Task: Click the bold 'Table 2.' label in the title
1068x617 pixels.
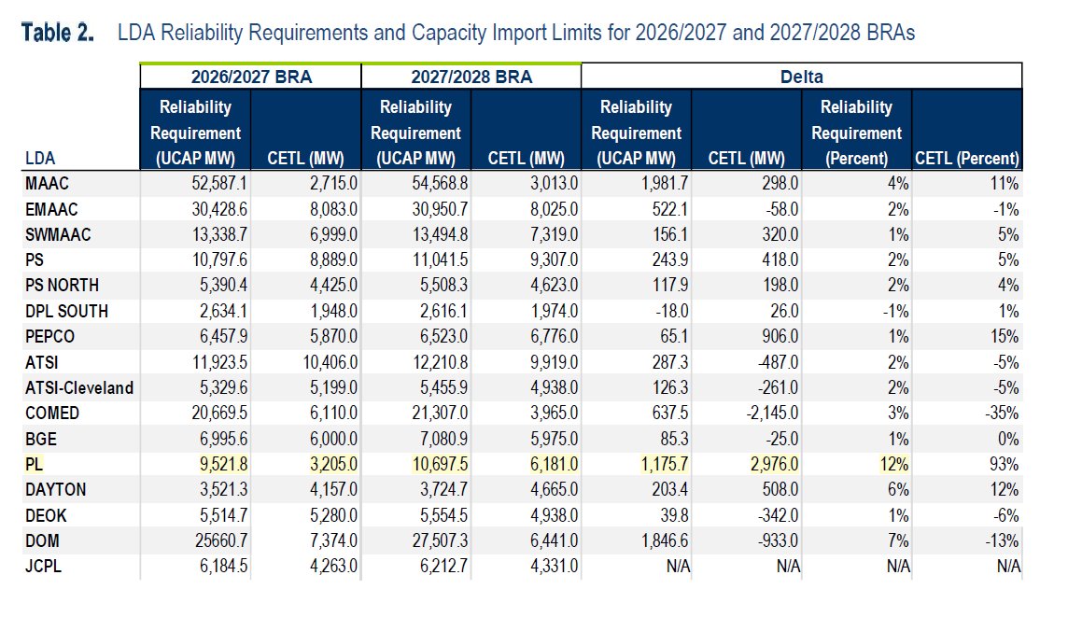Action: click(58, 34)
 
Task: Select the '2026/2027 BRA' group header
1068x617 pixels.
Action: click(250, 77)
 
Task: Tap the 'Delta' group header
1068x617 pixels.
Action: click(801, 77)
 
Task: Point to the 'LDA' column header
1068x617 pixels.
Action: click(40, 159)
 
